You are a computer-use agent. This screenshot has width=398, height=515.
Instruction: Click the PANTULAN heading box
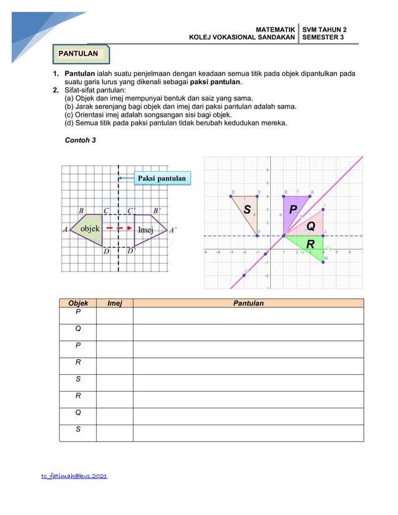pos(79,54)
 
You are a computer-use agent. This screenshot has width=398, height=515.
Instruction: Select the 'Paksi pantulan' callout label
pos(162,179)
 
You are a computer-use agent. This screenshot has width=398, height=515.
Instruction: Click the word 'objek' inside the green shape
pos(90,229)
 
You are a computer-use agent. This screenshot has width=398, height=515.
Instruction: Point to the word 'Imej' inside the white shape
pos(145,229)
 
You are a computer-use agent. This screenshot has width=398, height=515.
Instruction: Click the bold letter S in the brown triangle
pos(247,210)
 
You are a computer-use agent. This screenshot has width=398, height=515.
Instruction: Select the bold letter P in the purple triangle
pos(293,209)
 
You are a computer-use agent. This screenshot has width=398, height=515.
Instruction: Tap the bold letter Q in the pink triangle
pos(310,226)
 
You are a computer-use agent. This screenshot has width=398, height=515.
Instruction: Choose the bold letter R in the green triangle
pos(309,244)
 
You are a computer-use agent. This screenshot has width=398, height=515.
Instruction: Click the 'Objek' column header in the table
pos(78,304)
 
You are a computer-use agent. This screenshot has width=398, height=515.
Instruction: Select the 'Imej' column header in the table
pos(115,304)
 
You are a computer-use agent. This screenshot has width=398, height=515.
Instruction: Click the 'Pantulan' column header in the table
pos(248,304)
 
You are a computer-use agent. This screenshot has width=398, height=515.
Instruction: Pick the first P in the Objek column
pos(78,312)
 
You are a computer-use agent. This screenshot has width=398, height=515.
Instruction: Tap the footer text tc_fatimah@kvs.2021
pos(74,476)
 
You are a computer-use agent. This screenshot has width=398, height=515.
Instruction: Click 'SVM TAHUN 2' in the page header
pos(324,29)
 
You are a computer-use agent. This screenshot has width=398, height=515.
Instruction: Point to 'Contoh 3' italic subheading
pos(80,140)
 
